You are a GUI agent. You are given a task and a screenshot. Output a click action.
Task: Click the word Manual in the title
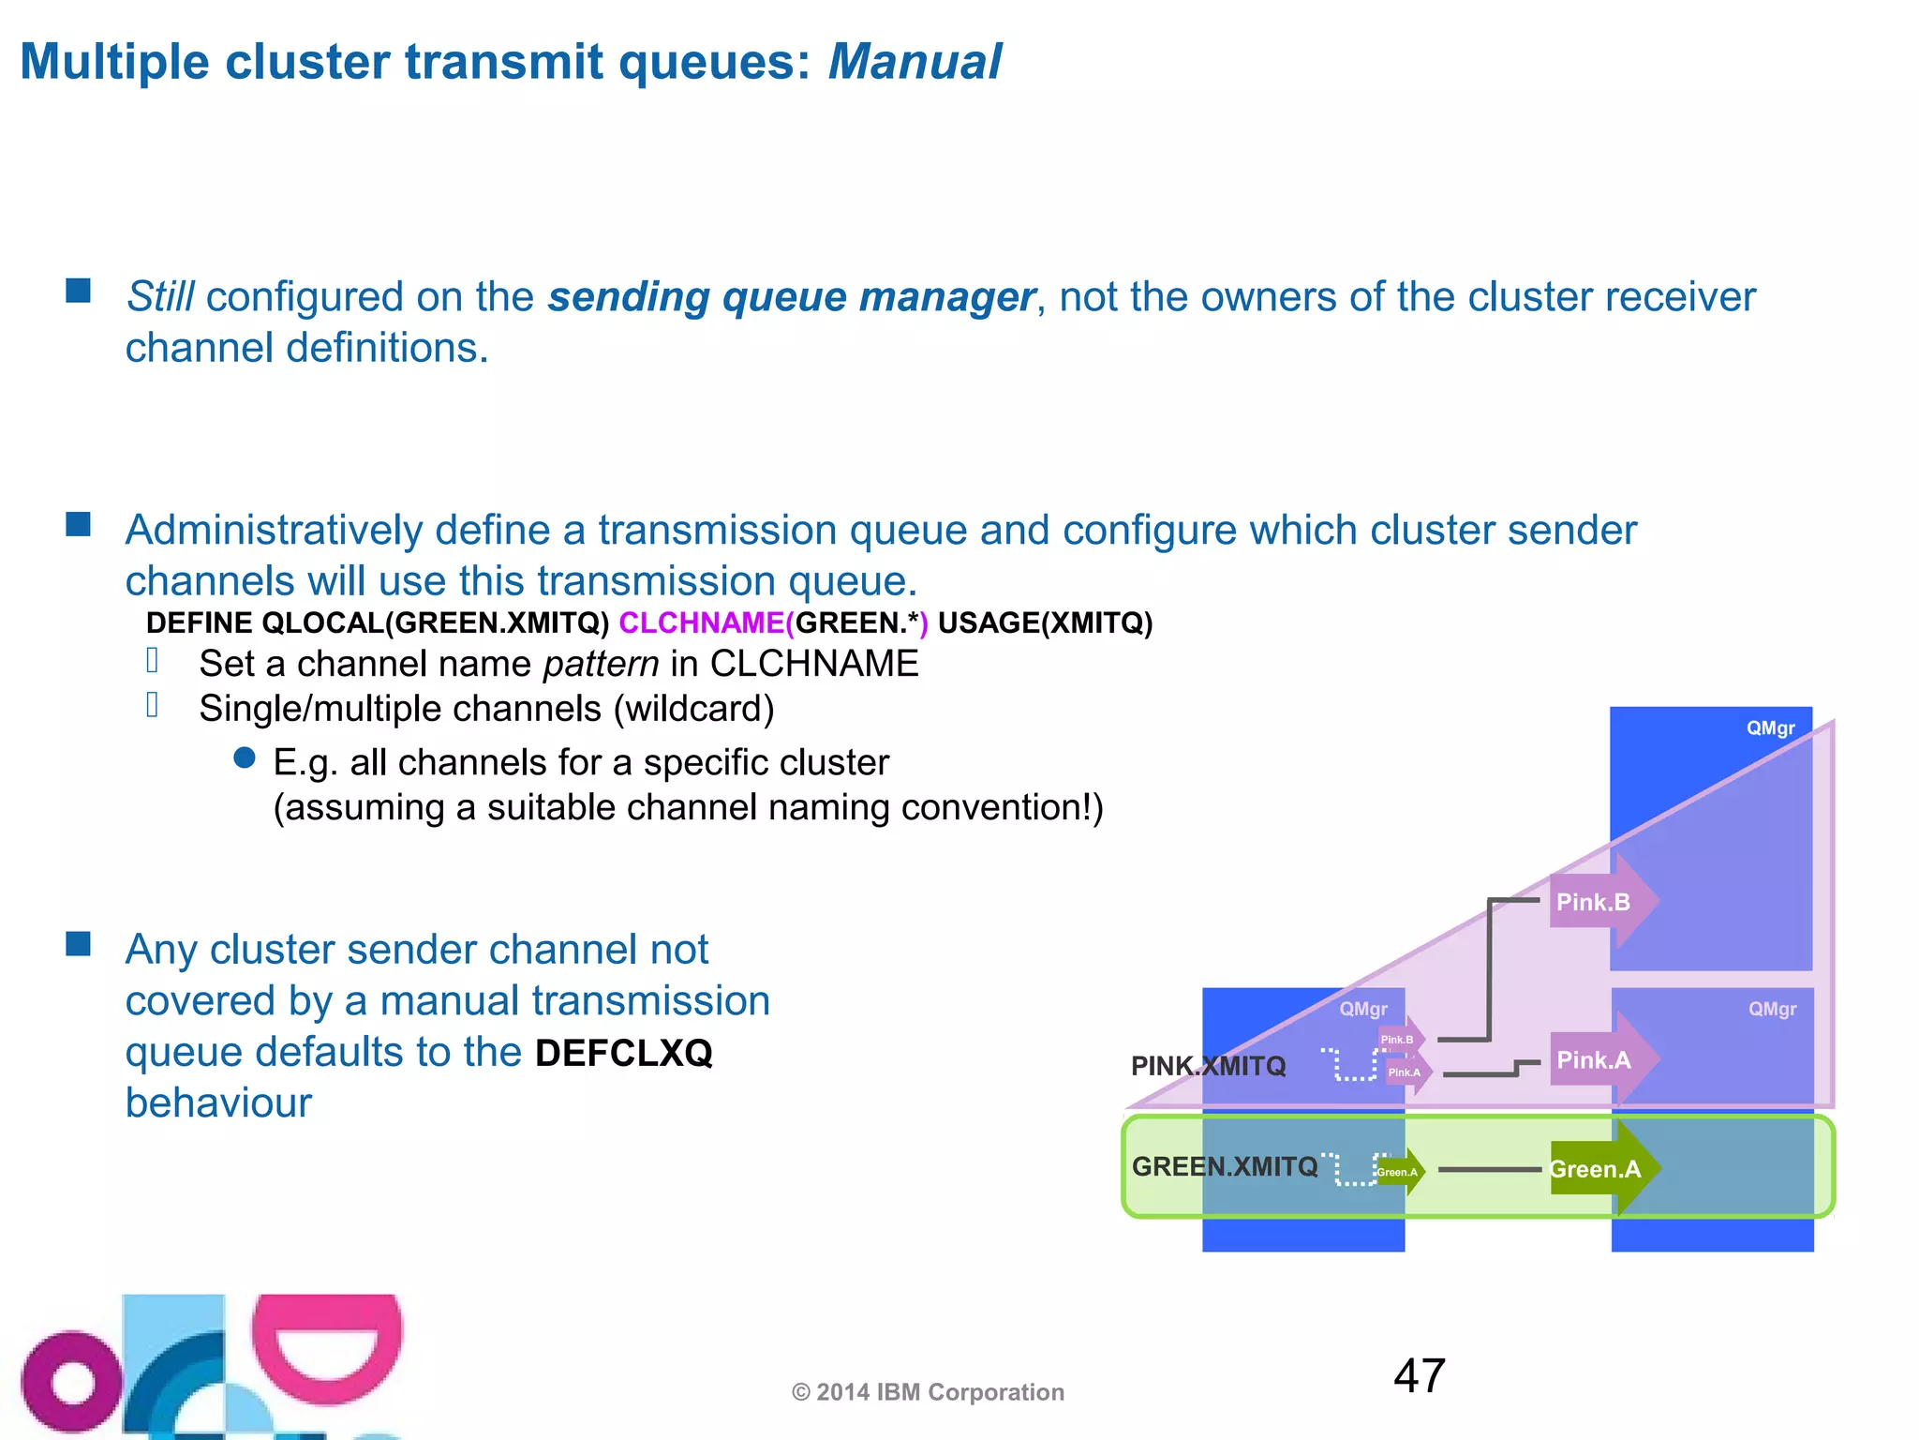915,63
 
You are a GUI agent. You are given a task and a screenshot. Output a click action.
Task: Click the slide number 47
1419,1376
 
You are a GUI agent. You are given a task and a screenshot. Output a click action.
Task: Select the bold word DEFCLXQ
624,1053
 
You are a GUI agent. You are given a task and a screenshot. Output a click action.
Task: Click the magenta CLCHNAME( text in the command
706,623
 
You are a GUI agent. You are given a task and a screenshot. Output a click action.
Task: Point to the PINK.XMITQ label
1208,1066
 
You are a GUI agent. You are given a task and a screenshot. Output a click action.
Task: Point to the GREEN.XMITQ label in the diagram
1224,1166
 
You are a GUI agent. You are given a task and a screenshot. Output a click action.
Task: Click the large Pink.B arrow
1600,901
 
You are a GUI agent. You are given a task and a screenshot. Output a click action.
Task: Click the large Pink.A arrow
1600,1059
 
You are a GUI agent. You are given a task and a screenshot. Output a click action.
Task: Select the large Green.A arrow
1600,1169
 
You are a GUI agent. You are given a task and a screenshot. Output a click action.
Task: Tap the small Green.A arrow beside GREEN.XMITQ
1399,1172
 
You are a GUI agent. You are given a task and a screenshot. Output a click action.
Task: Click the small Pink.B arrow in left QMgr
1400,1039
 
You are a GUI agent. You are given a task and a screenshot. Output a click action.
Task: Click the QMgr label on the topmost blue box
1770,728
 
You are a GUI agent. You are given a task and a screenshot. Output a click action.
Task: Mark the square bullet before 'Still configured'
79,291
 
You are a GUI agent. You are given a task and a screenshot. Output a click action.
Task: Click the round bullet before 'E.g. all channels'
245,758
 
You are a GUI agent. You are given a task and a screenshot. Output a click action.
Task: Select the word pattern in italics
601,664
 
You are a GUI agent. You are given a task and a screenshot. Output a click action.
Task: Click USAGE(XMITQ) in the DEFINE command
1045,623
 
